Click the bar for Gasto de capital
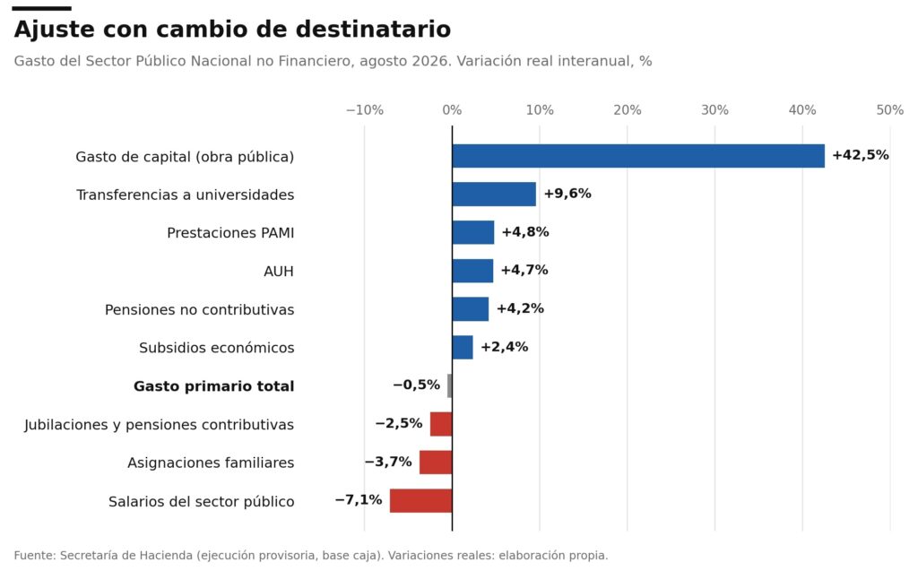(x=638, y=156)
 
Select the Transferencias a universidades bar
(x=494, y=194)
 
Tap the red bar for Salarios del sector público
(x=421, y=501)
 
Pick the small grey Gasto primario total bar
(x=450, y=386)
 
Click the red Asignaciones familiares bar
(x=436, y=462)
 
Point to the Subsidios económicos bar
(x=463, y=347)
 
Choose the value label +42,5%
(x=860, y=155)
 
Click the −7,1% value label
(x=359, y=500)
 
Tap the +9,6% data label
(x=567, y=194)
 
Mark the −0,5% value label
(x=416, y=385)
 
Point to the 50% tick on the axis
(x=890, y=110)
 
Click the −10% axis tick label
(x=365, y=110)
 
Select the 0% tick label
(x=452, y=110)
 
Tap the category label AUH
(x=279, y=272)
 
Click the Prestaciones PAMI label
(x=230, y=233)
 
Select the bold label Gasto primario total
(x=213, y=386)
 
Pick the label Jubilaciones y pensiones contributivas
(x=160, y=425)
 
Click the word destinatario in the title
(x=373, y=30)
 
